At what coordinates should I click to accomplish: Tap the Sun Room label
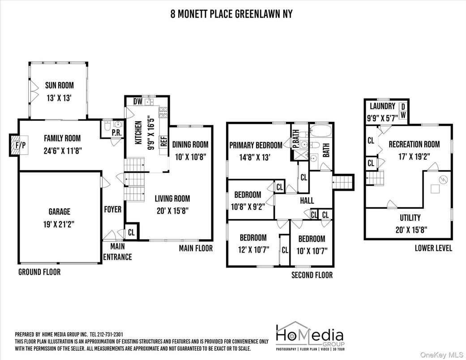click(59, 85)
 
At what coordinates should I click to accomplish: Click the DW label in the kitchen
click(138, 102)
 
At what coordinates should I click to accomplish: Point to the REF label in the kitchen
click(163, 141)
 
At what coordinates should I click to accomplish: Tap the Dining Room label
click(191, 144)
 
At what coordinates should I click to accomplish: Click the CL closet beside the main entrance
click(131, 232)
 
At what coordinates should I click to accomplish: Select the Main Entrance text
click(117, 252)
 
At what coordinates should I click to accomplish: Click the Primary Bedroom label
click(256, 145)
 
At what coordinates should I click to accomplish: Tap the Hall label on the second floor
click(307, 201)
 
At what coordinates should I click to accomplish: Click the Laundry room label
click(382, 106)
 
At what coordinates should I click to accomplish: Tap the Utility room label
click(410, 218)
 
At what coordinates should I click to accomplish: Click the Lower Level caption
click(433, 248)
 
